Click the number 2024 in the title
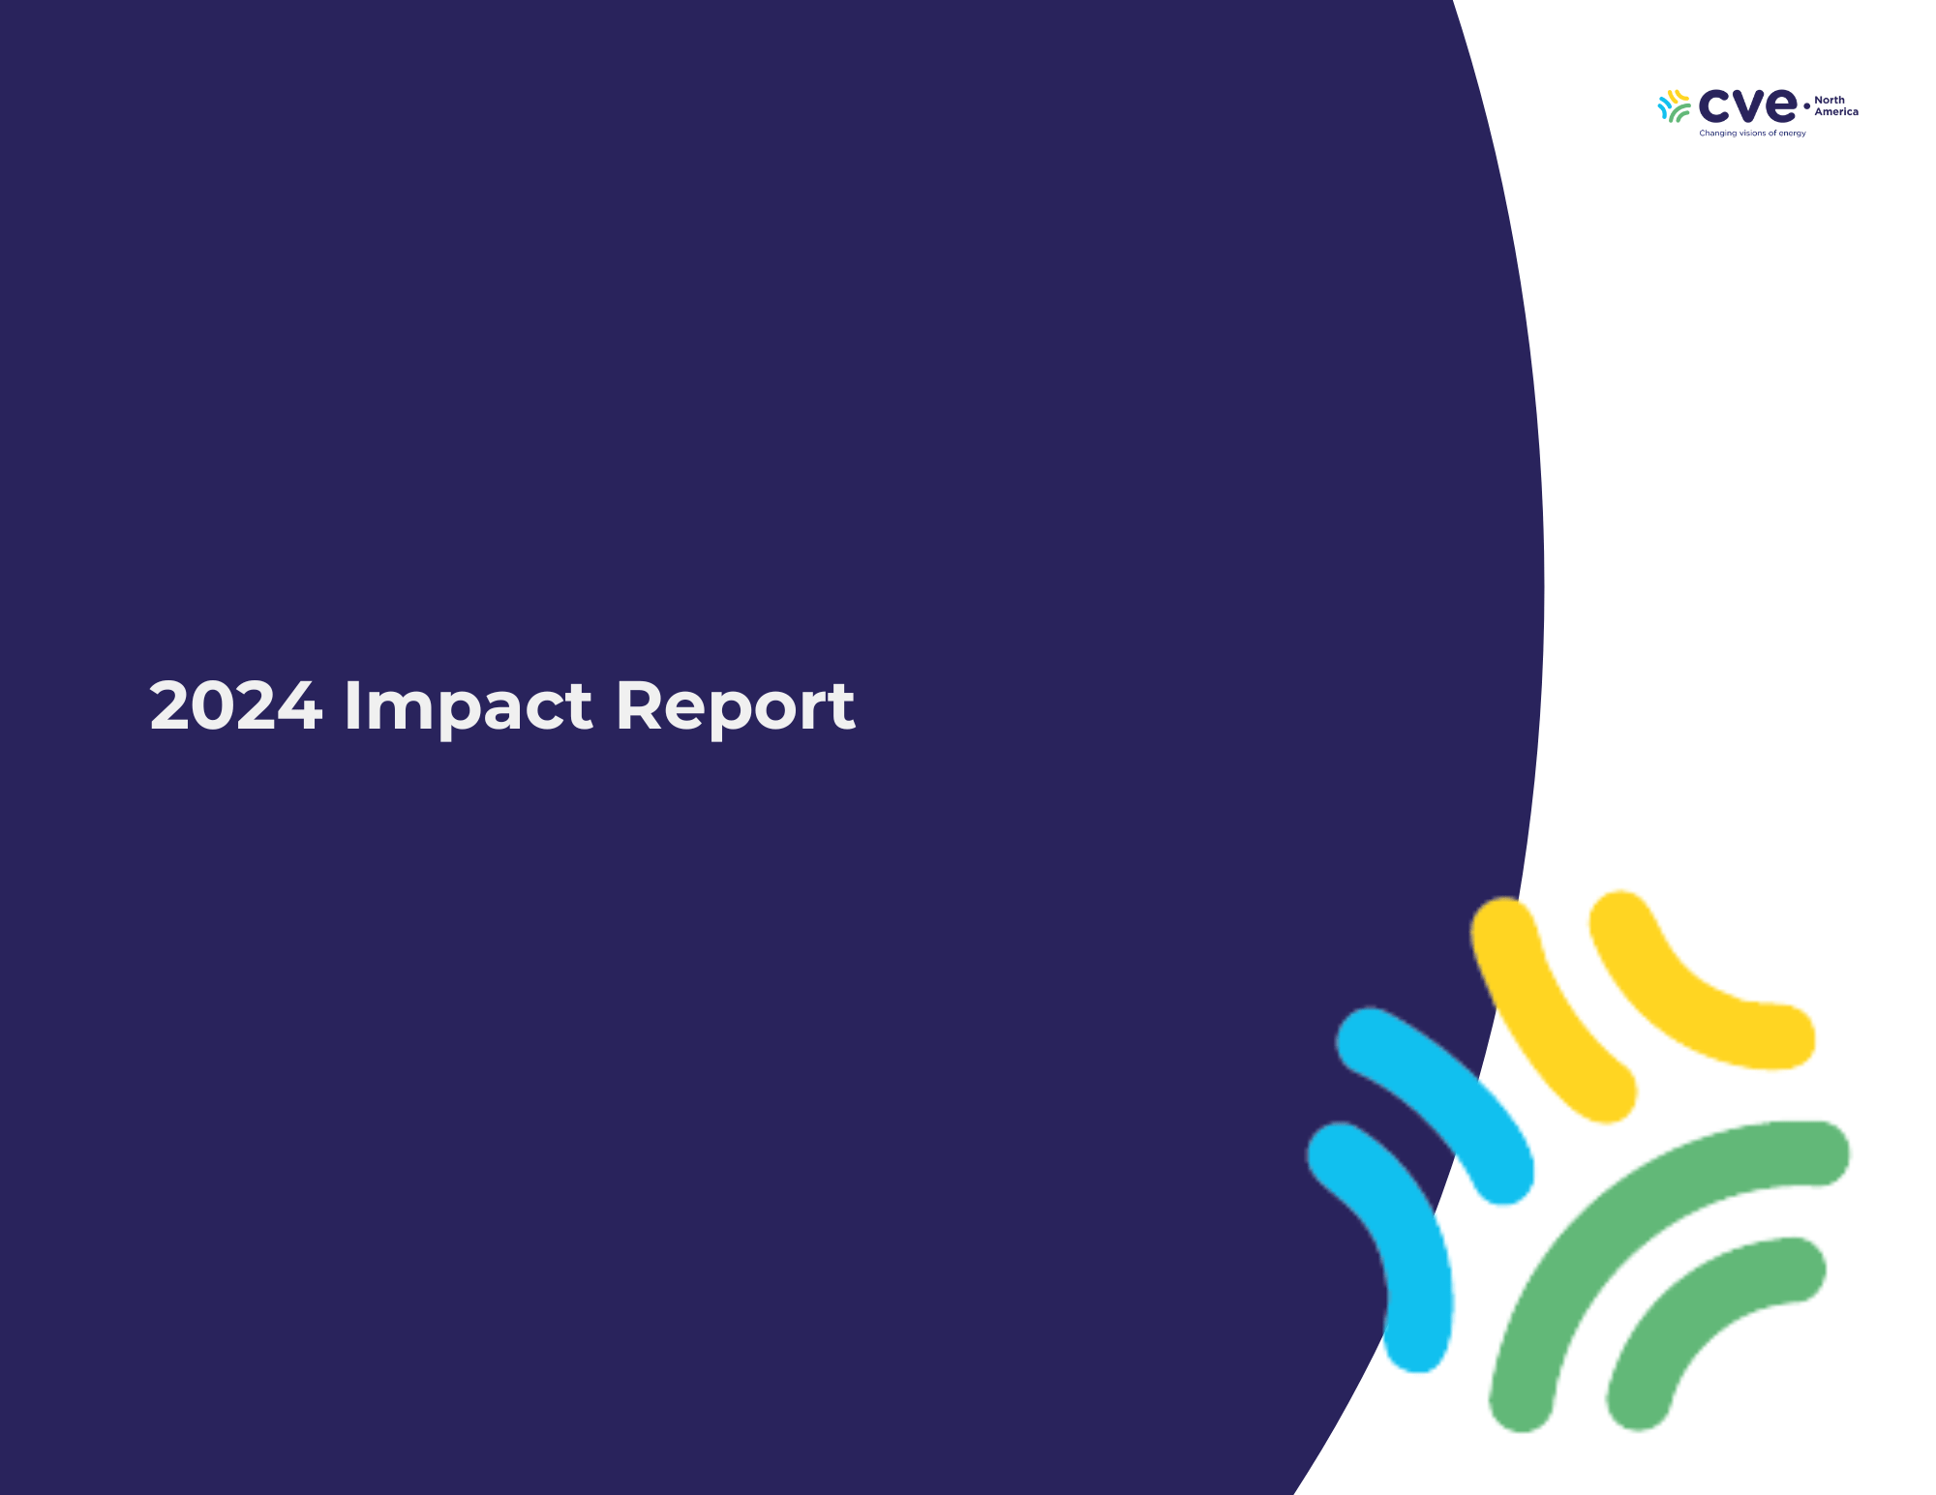tap(235, 705)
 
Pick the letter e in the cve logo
tap(1781, 105)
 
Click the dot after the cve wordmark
tap(1806, 106)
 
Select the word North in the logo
tap(1830, 100)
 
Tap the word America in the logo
tap(1836, 111)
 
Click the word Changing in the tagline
tap(1718, 134)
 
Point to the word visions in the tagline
tap(1753, 133)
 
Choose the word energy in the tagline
tap(1793, 134)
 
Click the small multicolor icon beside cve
tap(1675, 106)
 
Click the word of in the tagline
tap(1773, 133)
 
